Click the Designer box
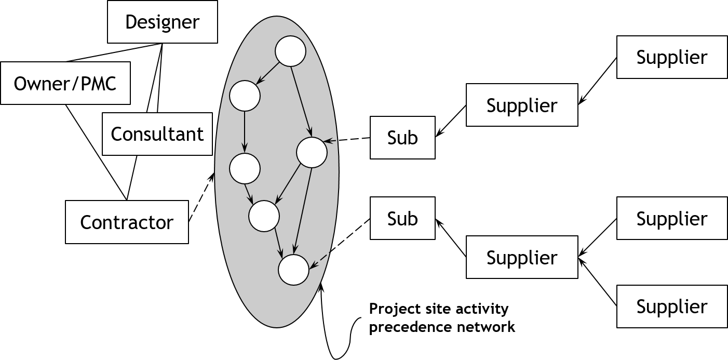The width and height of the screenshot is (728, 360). pyautogui.click(x=162, y=22)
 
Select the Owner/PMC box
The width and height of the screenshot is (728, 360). pyautogui.click(x=65, y=83)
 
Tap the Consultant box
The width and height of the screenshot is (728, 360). pyautogui.click(x=157, y=134)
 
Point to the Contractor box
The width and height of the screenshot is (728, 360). pyautogui.click(x=127, y=222)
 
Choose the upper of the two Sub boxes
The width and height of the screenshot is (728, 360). pyautogui.click(x=402, y=138)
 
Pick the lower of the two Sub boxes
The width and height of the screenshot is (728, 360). pyautogui.click(x=402, y=218)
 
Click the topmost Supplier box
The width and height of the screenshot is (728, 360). pyautogui.click(x=671, y=57)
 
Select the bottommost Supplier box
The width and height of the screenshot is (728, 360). pyautogui.click(x=671, y=306)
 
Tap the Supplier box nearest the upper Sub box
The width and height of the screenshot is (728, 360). pyautogui.click(x=522, y=105)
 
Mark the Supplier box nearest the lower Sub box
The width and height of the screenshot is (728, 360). pyautogui.click(x=522, y=257)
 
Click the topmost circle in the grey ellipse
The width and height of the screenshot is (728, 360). pyautogui.click(x=290, y=51)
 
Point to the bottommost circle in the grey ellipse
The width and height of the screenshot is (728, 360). pyautogui.click(x=293, y=270)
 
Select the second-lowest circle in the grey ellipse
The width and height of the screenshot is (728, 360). pyautogui.click(x=264, y=216)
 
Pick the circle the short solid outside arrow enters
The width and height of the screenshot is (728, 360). pyautogui.click(x=312, y=153)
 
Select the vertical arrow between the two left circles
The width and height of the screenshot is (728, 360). pyautogui.click(x=245, y=132)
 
